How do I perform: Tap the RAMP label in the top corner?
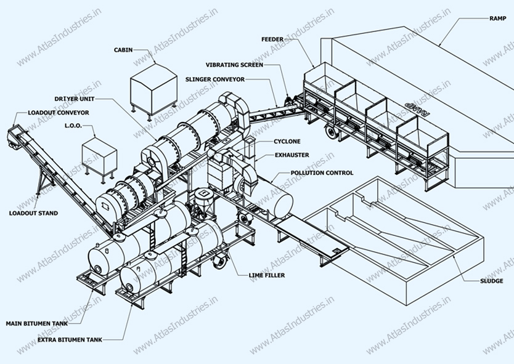click(497, 19)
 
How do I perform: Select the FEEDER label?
click(272, 39)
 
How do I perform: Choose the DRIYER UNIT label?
click(73, 99)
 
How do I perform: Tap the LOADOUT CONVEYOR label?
click(58, 113)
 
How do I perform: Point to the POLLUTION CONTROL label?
click(321, 173)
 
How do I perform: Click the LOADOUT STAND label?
click(33, 213)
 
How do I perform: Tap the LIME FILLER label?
click(266, 275)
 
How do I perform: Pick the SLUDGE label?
click(492, 281)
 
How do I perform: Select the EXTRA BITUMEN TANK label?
click(69, 339)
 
